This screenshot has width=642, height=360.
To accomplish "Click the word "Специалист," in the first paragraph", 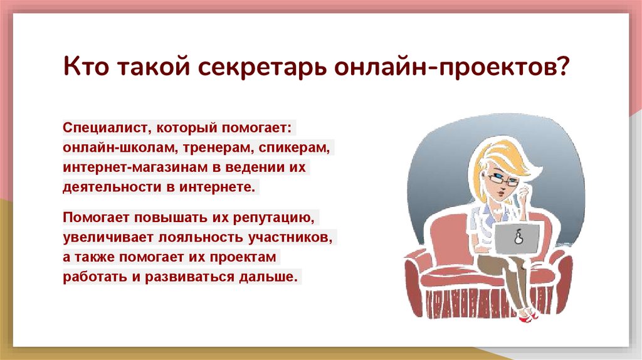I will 103,127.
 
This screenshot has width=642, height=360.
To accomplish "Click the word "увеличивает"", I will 103,238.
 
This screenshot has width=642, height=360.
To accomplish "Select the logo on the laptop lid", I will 519,237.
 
